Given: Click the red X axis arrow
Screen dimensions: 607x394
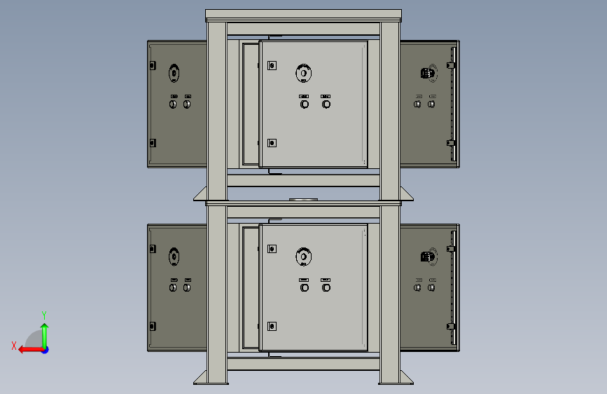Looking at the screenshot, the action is [31, 350].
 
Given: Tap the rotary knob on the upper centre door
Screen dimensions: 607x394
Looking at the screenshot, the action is [304, 73].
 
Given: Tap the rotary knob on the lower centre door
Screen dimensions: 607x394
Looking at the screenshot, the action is [304, 257].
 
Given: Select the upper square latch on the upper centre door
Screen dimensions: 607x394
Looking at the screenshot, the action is [272, 65].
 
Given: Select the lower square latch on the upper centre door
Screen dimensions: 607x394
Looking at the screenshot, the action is [272, 143].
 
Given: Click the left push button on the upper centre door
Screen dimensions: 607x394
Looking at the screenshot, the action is [305, 104].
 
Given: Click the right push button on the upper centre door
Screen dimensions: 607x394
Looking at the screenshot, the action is [326, 104].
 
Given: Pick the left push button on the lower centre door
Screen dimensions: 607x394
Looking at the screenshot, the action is [305, 287].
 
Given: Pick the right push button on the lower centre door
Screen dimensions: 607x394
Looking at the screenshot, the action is [326, 287].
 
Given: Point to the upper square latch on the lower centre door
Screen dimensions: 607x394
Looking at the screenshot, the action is [272, 249].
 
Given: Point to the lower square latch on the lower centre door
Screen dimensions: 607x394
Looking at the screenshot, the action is [272, 326].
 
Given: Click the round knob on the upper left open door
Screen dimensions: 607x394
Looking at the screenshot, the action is [174, 73].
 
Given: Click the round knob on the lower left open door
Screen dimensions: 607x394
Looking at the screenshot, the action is [174, 257].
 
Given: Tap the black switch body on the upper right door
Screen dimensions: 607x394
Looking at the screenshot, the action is [426, 73].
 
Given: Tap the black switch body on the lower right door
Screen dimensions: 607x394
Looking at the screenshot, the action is [426, 257].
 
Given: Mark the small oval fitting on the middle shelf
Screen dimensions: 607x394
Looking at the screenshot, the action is [304, 199].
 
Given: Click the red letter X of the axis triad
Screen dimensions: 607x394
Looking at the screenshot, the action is [14, 346].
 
